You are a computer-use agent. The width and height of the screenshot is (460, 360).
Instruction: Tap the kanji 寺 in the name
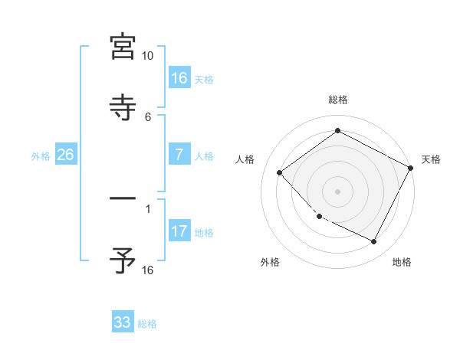123,107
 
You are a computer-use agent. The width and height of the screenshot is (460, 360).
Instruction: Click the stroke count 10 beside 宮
147,56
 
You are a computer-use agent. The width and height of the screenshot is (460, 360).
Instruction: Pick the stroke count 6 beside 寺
148,116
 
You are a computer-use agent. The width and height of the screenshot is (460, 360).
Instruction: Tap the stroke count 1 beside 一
148,207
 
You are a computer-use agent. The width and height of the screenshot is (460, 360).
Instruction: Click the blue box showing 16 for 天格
179,78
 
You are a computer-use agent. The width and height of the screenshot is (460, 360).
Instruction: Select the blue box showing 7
179,155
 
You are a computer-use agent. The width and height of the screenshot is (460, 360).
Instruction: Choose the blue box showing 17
179,231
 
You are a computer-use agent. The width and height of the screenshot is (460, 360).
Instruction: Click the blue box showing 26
65,155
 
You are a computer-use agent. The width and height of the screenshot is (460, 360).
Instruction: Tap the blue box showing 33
123,322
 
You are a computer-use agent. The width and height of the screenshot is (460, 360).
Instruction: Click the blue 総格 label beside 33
147,324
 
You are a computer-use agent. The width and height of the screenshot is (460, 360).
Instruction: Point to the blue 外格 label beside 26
41,156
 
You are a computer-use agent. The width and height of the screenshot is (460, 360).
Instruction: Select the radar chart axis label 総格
337,100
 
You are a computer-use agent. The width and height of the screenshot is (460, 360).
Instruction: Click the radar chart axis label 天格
431,159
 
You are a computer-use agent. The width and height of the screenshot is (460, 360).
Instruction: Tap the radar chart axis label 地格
402,263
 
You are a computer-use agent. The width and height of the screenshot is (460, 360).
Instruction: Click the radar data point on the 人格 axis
280,172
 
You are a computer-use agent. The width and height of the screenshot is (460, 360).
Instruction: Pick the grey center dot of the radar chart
337,191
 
